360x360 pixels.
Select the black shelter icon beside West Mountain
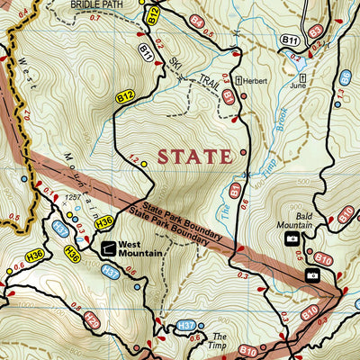[108, 247]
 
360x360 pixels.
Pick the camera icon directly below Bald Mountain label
[292, 238]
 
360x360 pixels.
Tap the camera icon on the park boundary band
[312, 274]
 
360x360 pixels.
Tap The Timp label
[221, 339]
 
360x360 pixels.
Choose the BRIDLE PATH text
[97, 4]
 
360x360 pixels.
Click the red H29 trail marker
[90, 319]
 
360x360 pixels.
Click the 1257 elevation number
[75, 196]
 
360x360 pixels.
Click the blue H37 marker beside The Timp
[186, 325]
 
